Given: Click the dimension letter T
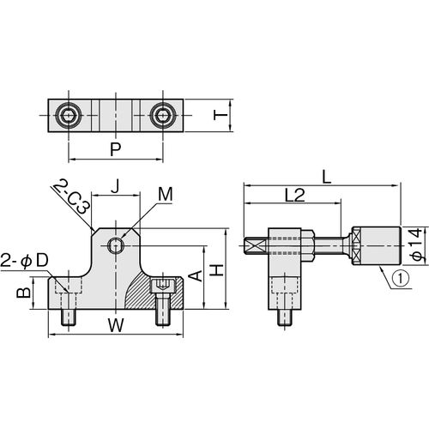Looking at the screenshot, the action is pos(221,116).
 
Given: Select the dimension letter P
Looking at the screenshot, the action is pos(116,149).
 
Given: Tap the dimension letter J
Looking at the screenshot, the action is pos(115,187).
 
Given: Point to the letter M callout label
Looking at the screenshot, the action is pos(166,195).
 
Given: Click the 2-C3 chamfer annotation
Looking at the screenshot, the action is pos(72,196).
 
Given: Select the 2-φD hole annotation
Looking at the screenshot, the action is pos(24,261).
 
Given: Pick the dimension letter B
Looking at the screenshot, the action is pos(23,293).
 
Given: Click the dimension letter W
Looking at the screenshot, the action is pos(116,325).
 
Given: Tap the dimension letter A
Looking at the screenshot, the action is pos(196,276).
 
